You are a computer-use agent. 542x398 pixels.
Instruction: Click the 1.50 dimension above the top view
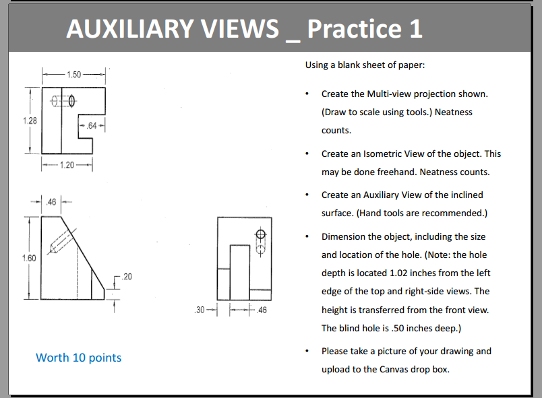coord(73,73)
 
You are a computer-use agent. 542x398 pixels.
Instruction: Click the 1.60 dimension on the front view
coord(28,258)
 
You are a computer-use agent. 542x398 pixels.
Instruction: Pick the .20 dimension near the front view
coord(128,277)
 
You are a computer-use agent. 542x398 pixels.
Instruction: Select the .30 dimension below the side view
coord(198,310)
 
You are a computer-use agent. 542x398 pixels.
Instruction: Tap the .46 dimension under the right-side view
coord(262,310)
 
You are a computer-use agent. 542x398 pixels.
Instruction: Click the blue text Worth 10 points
coord(78,358)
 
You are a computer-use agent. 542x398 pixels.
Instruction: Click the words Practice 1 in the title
coord(365,28)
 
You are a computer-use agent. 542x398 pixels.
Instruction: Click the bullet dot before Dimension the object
coord(307,237)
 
